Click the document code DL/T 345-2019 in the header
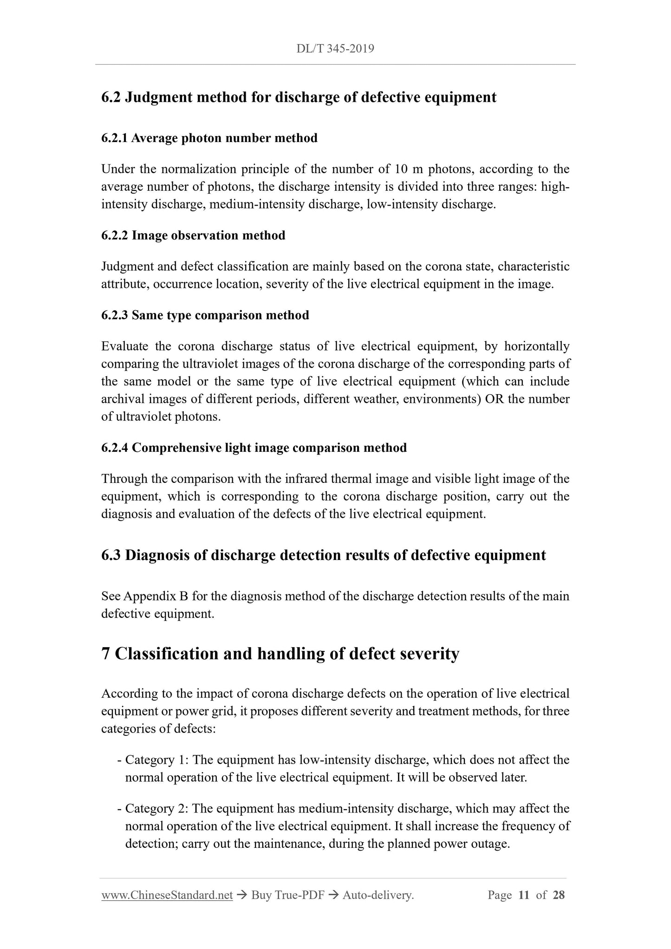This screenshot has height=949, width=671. click(335, 49)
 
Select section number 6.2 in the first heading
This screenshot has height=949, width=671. click(111, 97)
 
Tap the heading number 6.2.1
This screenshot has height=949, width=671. click(115, 138)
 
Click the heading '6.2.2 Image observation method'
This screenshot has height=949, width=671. click(193, 235)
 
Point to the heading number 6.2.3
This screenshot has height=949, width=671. click(115, 315)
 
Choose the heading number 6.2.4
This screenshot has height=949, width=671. click(115, 448)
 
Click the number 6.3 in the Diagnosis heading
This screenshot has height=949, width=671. click(111, 555)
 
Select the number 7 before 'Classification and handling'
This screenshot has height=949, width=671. click(106, 653)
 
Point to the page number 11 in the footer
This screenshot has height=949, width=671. click(524, 895)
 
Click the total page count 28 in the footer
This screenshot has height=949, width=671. click(559, 895)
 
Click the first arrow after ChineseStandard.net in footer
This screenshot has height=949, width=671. click(241, 895)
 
